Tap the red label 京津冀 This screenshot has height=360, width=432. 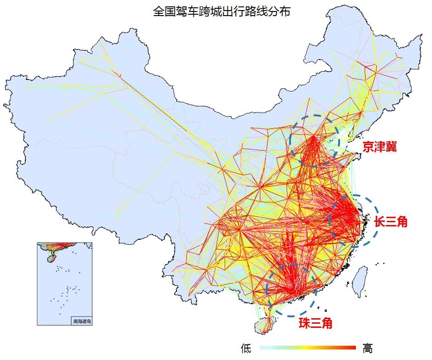379,147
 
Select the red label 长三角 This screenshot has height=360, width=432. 390,222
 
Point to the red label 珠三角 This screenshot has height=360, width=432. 315,323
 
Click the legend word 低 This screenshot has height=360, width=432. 246,349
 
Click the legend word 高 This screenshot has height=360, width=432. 368,349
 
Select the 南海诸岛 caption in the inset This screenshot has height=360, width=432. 82,321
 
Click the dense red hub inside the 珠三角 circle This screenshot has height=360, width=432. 294,289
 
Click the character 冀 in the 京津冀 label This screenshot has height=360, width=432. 391,147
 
